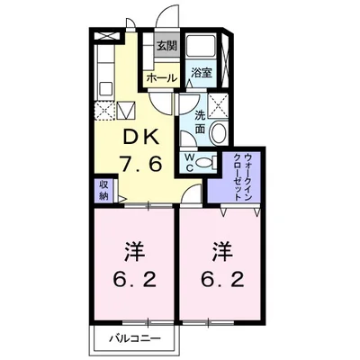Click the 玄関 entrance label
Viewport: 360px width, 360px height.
pyautogui.click(x=166, y=47)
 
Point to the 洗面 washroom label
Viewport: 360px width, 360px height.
pyautogui.click(x=201, y=121)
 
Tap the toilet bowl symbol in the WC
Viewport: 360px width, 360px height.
pyautogui.click(x=205, y=163)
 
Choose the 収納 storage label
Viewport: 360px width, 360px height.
pyautogui.click(x=103, y=189)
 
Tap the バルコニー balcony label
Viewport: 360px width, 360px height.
pyautogui.click(x=135, y=339)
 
